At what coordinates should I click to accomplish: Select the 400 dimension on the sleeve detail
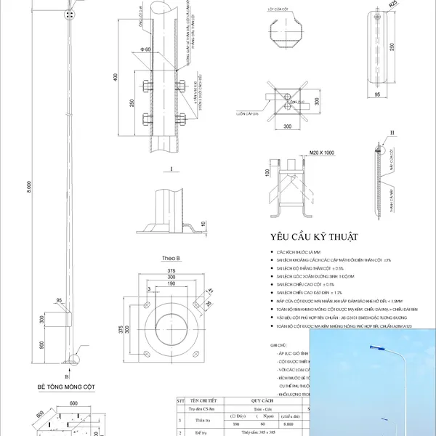coord(114,76)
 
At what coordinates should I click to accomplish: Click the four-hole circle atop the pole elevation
coord(69,14)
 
